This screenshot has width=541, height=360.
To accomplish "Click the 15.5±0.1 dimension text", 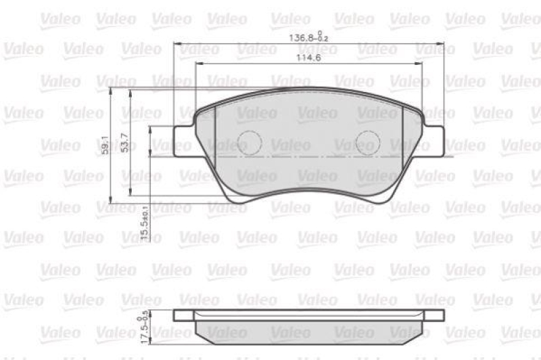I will click(x=144, y=221).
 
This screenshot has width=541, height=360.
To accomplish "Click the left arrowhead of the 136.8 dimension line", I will click(x=177, y=43).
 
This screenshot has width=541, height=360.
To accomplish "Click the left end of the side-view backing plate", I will click(x=177, y=315).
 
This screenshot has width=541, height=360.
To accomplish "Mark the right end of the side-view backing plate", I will click(x=441, y=315).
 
